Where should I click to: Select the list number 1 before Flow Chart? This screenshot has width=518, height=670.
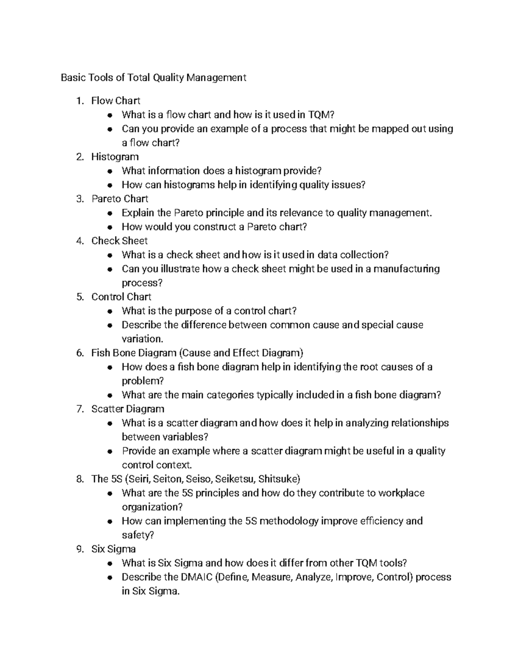(x=79, y=101)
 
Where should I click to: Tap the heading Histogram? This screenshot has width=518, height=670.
(x=115, y=157)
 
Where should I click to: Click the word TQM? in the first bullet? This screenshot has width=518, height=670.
(x=321, y=115)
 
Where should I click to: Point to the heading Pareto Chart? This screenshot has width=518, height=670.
(x=120, y=199)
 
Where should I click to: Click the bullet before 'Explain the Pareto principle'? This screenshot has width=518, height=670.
(x=111, y=213)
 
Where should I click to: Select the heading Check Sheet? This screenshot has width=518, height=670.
(x=119, y=241)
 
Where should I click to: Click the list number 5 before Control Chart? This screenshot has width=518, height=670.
(x=79, y=297)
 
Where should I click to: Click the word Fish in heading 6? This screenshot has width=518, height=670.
(x=100, y=353)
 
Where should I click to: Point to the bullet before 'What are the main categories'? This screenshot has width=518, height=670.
(x=111, y=395)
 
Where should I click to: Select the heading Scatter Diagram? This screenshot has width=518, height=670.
(x=127, y=409)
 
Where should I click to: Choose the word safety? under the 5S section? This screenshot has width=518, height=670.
(x=138, y=535)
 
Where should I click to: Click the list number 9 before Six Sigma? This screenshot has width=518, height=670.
(x=79, y=549)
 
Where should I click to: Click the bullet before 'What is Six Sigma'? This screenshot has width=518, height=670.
(x=111, y=563)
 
